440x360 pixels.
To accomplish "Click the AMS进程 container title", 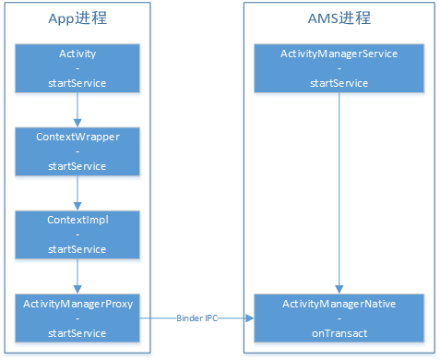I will coord(339,20).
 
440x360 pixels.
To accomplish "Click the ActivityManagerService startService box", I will coord(339,67).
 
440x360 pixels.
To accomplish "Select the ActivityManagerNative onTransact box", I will coord(339,317).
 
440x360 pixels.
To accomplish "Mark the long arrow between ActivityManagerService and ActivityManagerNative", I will coord(339,192).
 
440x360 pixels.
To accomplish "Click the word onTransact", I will coord(339,331).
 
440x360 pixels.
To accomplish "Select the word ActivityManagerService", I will coord(339,54).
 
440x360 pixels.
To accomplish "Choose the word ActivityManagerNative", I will coord(339,303).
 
